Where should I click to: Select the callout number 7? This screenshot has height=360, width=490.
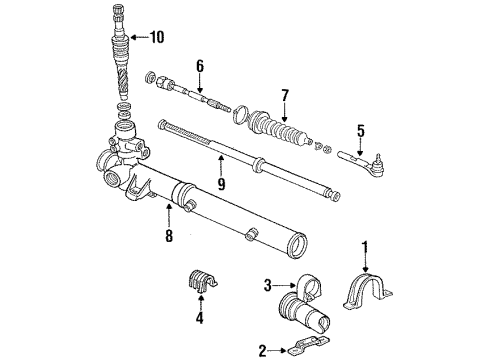(x=285, y=96)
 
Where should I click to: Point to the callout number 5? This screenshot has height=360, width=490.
(x=361, y=129)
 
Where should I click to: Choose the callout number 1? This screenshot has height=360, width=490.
(x=366, y=245)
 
